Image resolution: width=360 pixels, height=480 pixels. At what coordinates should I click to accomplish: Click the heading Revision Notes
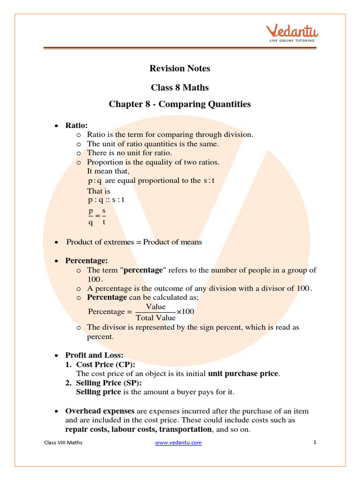pos(180,68)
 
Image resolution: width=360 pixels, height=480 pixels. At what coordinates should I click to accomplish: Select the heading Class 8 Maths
pos(180,88)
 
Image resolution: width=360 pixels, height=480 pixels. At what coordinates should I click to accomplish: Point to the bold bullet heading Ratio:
pos(76,125)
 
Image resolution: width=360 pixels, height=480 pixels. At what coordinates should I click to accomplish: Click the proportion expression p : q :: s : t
pos(106,200)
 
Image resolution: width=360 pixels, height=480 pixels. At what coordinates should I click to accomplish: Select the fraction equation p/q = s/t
pos(97,217)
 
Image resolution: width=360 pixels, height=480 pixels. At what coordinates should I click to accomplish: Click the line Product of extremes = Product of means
pos(134,242)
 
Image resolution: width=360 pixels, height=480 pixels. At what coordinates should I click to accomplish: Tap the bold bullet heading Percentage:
pos(86,260)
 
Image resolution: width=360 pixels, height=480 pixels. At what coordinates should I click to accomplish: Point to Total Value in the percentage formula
pos(156,318)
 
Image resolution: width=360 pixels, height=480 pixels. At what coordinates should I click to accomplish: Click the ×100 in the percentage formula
pos(185,312)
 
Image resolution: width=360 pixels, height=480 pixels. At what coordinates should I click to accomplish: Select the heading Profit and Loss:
pos(94,355)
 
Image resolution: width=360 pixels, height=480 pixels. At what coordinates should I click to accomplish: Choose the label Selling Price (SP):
pos(110,383)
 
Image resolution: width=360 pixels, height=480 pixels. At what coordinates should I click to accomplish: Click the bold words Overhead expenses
pos(100,411)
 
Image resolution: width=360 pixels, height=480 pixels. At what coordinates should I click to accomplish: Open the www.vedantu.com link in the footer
pos(178,442)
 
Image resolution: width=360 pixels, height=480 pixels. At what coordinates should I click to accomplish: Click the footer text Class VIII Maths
pos(63,442)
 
